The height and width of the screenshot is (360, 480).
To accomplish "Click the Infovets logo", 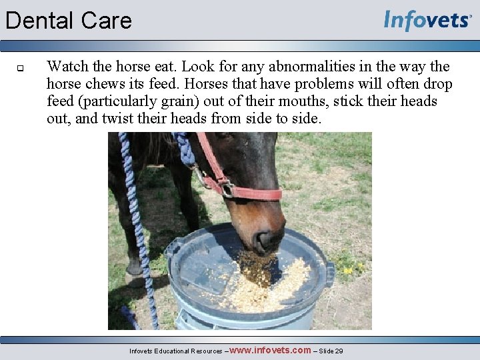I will pos(427,21).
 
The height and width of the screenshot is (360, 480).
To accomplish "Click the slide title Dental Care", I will pos(69,21).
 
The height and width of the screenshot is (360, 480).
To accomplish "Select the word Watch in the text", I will pos(65,67).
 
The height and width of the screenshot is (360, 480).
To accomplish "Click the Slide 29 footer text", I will pos(331,351).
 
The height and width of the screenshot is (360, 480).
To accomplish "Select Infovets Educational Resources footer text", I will pos(176,351).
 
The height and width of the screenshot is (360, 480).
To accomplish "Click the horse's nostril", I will pos(265,238).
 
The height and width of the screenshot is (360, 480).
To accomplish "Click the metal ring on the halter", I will pos(227,189).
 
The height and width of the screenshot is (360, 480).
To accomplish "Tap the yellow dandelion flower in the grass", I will pos(347,270).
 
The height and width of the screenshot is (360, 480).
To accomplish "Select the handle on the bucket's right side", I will pos(329,273).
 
